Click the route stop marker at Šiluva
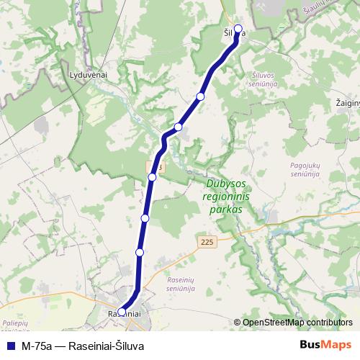pyautogui.click(x=238, y=30)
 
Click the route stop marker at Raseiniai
pyautogui.click(x=122, y=312)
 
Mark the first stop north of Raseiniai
pyautogui.click(x=140, y=252)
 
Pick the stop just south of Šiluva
pyautogui.click(x=201, y=96)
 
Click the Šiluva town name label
pyautogui.click(x=234, y=32)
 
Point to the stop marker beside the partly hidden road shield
pyautogui.click(x=152, y=176)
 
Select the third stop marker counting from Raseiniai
pyautogui.click(x=145, y=217)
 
